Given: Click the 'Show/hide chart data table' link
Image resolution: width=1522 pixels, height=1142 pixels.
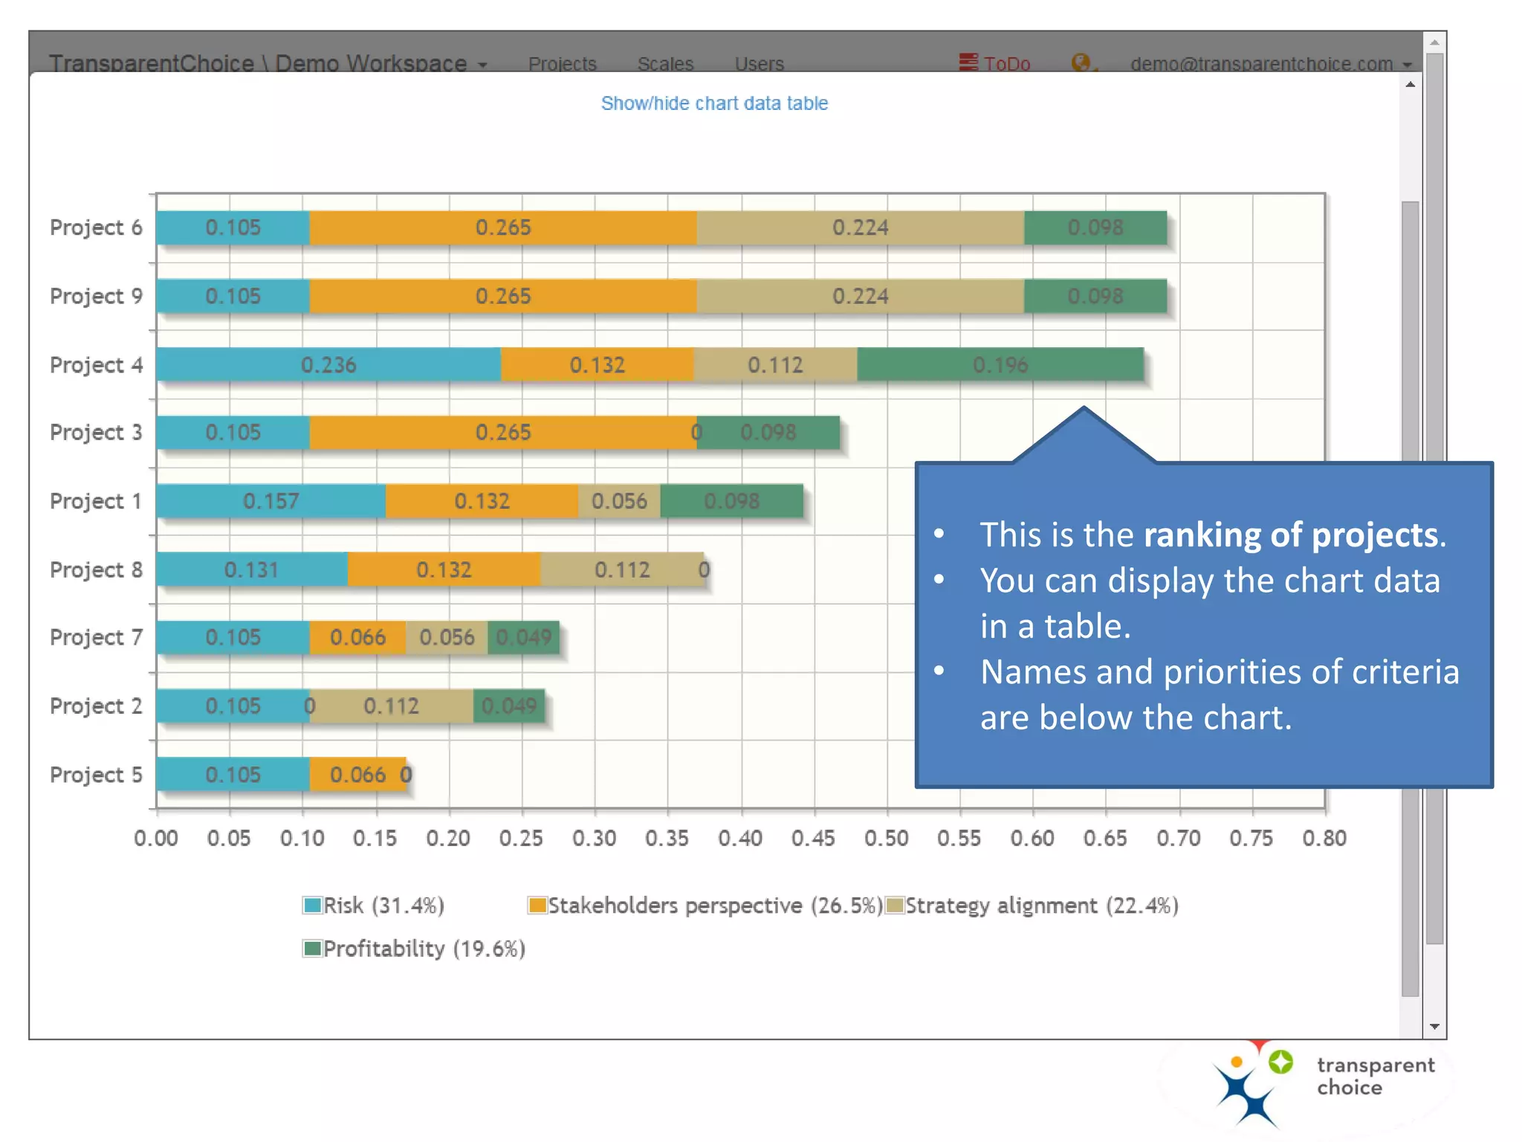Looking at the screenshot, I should tap(713, 103).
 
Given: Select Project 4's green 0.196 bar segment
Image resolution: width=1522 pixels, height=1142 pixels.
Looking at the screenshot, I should tap(1000, 364).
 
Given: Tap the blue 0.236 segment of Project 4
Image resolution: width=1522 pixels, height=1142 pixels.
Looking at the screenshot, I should tap(328, 364).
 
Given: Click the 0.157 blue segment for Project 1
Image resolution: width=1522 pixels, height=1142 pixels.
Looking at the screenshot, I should tap(271, 500).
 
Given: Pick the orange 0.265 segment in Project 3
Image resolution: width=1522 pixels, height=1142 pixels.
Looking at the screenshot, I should tap(502, 432).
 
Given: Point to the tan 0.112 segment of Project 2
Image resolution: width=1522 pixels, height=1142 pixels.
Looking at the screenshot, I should tap(391, 706).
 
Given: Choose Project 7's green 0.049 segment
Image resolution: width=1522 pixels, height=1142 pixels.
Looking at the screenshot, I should tap(523, 637).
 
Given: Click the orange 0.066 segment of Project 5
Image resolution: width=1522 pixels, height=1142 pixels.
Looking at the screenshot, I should tap(357, 774).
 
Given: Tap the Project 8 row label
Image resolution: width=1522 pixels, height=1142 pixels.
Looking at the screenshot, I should tap(96, 570).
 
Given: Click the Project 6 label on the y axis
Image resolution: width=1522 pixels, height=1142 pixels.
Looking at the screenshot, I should tap(96, 228).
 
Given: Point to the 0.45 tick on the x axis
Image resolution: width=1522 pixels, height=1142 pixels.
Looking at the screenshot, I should tap(813, 838).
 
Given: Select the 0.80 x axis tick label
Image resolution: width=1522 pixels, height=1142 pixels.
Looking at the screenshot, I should tap(1324, 838).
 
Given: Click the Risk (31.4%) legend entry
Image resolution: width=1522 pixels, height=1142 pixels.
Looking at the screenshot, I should tap(374, 905).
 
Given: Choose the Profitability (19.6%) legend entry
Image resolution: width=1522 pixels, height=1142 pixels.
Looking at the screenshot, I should tap(414, 948).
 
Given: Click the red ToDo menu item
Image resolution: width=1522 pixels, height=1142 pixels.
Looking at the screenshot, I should tap(995, 63).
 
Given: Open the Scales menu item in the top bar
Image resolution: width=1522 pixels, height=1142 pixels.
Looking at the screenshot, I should tap(665, 63).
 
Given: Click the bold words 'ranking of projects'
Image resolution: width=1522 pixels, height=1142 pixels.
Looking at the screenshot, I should tap(1290, 535).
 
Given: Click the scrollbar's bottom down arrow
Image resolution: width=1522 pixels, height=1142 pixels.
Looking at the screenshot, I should tap(1434, 1026).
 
